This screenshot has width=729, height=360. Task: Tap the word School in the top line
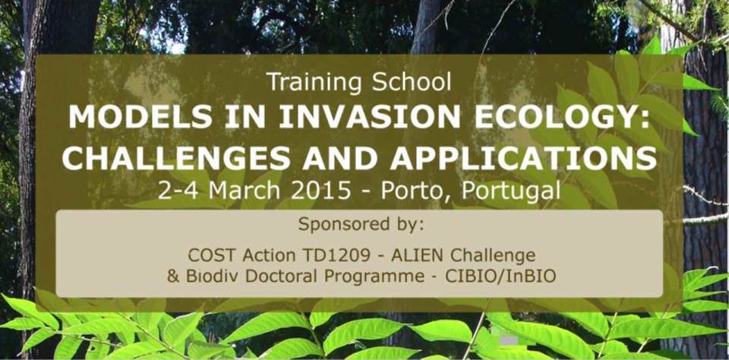pos(412,82)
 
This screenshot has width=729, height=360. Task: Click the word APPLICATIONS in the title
pos(524,158)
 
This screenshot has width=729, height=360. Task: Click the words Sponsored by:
pos(361,225)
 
